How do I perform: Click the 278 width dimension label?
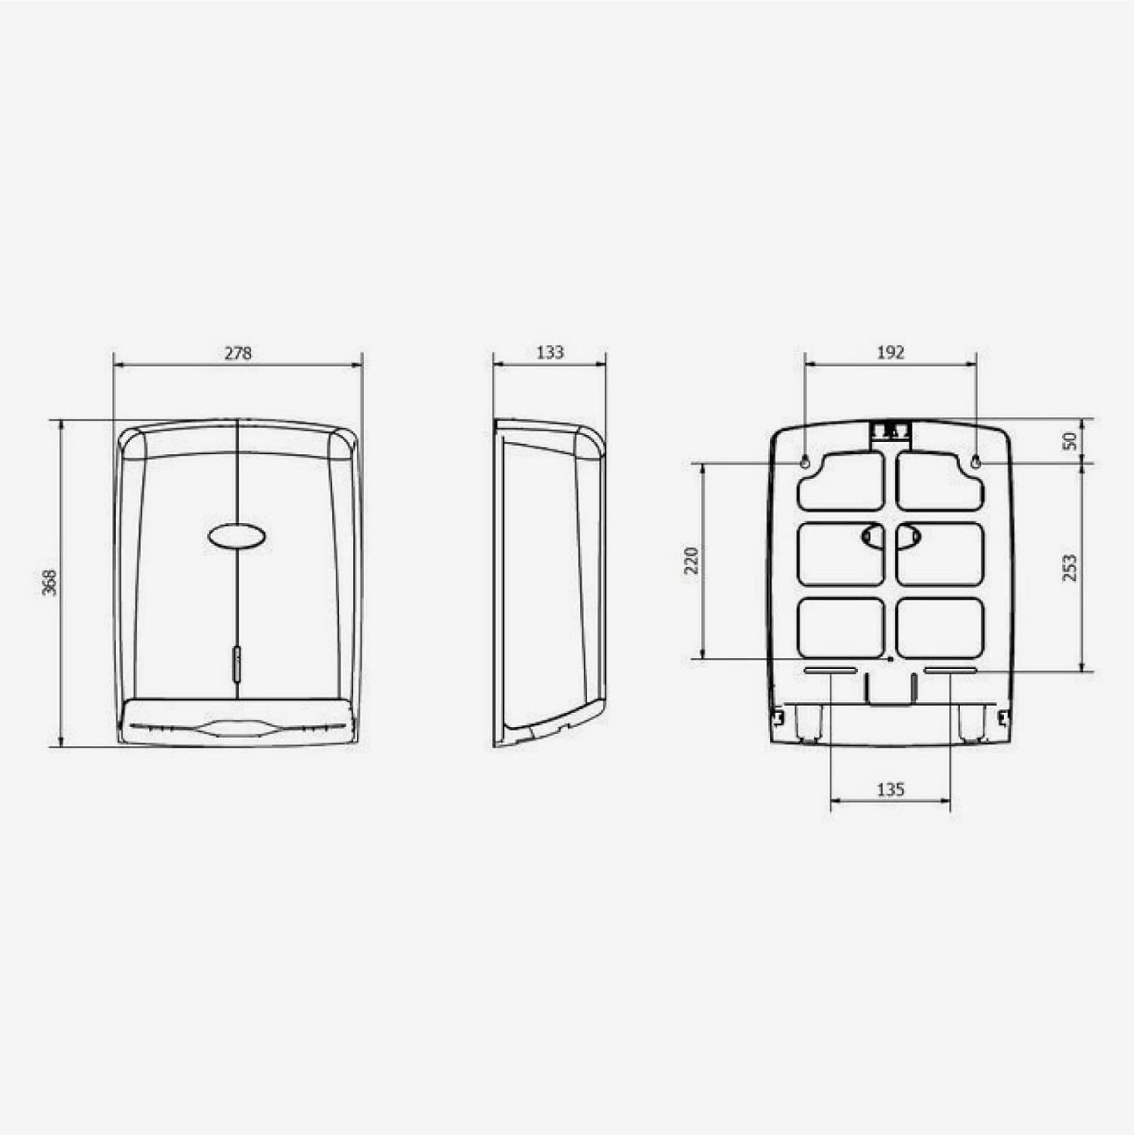[x=238, y=353]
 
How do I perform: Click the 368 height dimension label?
[x=49, y=583]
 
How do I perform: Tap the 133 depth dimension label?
[x=550, y=352]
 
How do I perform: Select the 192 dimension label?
[x=890, y=352]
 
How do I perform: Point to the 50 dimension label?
[x=1070, y=440]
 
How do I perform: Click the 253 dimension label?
[x=1070, y=567]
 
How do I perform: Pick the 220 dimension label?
[x=691, y=560]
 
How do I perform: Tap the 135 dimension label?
[x=890, y=789]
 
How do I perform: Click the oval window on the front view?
[x=237, y=536]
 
